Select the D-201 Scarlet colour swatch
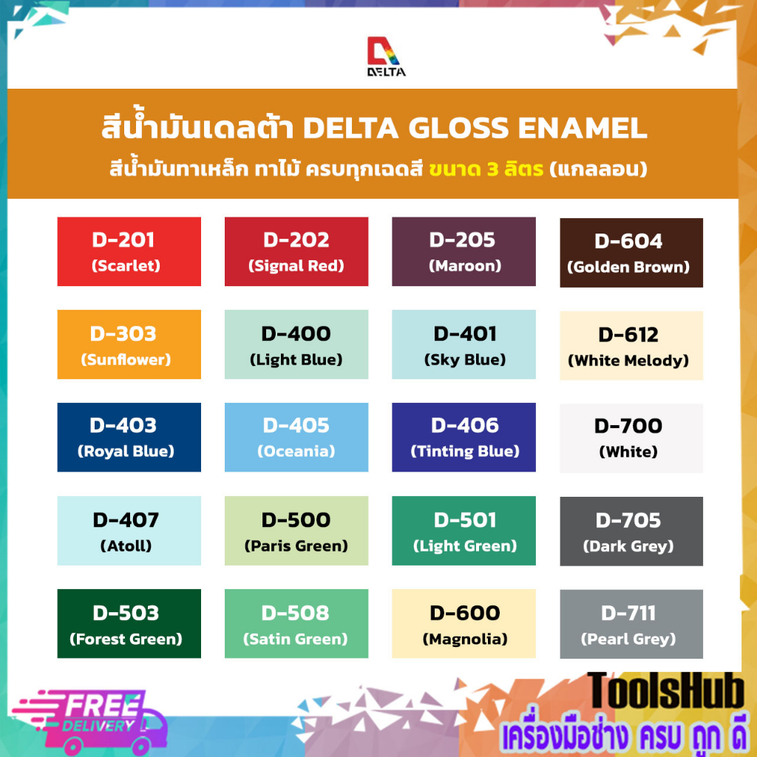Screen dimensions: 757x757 pos(129,251)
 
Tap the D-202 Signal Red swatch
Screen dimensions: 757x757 pos(296,251)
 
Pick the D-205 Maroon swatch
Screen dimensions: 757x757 pos(464,251)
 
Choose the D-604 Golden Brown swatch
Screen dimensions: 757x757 pos(631,253)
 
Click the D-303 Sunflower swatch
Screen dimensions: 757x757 pos(129,344)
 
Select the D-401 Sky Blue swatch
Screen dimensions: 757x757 pos(464,344)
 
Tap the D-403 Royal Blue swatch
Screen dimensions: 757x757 pos(129,437)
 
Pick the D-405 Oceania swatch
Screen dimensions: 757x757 pos(296,437)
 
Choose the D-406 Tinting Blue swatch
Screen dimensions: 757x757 pos(464,437)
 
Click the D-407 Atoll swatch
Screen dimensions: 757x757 pos(129,531)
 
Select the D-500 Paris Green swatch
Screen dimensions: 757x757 pos(296,531)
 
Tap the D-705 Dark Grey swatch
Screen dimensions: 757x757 pos(631,532)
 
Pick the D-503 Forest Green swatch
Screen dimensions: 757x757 pos(129,623)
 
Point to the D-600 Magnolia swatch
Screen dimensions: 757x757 pos(464,623)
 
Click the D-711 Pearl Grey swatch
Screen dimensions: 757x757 pos(631,624)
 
